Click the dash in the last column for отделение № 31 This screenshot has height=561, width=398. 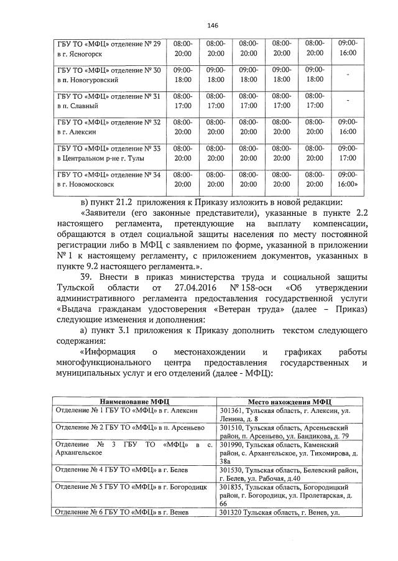point(348,101)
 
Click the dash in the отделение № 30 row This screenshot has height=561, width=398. point(348,75)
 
